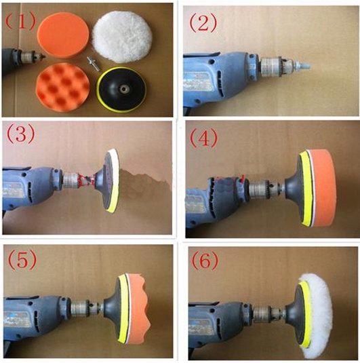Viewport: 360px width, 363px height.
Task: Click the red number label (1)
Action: point(20,21)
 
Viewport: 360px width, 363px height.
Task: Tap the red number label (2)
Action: point(203,23)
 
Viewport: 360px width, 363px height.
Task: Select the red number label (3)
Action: point(21,134)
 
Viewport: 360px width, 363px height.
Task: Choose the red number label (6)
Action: point(205,261)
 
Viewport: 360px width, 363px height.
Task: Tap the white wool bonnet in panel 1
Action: point(123,37)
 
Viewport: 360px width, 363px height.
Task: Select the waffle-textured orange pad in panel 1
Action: point(63,87)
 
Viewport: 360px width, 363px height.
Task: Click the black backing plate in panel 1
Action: point(121,90)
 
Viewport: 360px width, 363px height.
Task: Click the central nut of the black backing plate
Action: point(121,88)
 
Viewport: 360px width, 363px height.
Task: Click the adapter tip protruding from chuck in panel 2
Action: point(302,66)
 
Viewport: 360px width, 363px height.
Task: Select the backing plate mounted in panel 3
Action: point(107,180)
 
